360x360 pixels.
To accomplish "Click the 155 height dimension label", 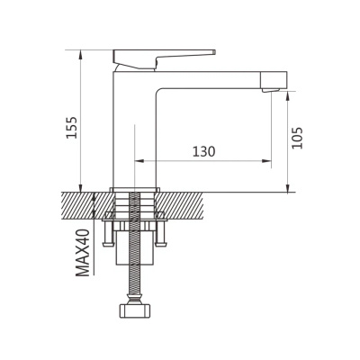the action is click(72, 128).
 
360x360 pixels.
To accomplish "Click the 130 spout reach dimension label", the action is click(203, 151).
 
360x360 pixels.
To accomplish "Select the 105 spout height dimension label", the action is click(298, 138).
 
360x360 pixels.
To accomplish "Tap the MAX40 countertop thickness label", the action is click(83, 253).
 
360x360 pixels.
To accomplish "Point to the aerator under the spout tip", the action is click(271, 90).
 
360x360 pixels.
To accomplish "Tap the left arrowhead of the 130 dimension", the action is click(139, 161).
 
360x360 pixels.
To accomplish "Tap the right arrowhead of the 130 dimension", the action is click(267, 161).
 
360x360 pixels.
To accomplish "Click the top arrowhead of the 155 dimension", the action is click(80, 55).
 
